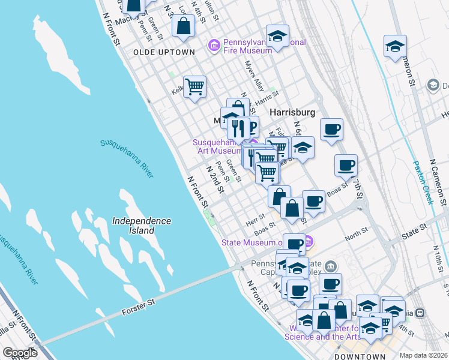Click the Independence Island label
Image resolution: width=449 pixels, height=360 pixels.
click(x=142, y=226)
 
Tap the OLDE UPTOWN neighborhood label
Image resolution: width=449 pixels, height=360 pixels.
click(x=164, y=52)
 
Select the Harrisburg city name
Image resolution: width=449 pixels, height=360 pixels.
click(x=292, y=113)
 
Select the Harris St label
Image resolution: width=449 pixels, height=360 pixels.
click(x=267, y=97)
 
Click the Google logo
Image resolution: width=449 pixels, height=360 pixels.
click(x=20, y=353)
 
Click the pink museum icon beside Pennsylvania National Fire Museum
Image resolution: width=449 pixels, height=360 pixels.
click(x=213, y=45)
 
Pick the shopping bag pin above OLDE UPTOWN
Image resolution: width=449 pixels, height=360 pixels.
click(x=183, y=26)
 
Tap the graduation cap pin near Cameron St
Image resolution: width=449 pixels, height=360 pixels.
click(x=395, y=46)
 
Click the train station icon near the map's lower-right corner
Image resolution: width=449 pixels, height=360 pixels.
click(x=421, y=313)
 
